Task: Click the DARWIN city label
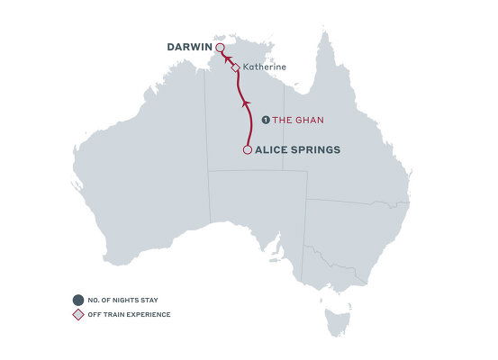pyautogui.click(x=189, y=47)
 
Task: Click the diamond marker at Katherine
pyautogui.click(x=236, y=67)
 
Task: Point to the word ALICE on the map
pyautogui.click(x=276, y=150)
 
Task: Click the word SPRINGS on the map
pyautogui.click(x=318, y=150)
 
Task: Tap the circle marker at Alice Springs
pyautogui.click(x=248, y=150)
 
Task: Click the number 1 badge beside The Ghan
pyautogui.click(x=265, y=120)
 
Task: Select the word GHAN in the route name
pyautogui.click(x=308, y=120)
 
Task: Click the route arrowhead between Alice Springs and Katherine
pyautogui.click(x=247, y=105)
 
